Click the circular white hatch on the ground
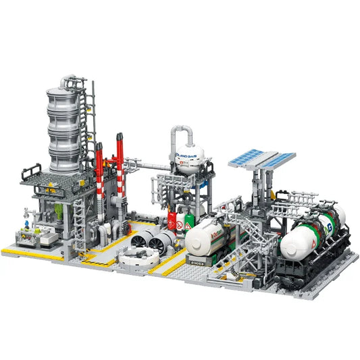[138, 257]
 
